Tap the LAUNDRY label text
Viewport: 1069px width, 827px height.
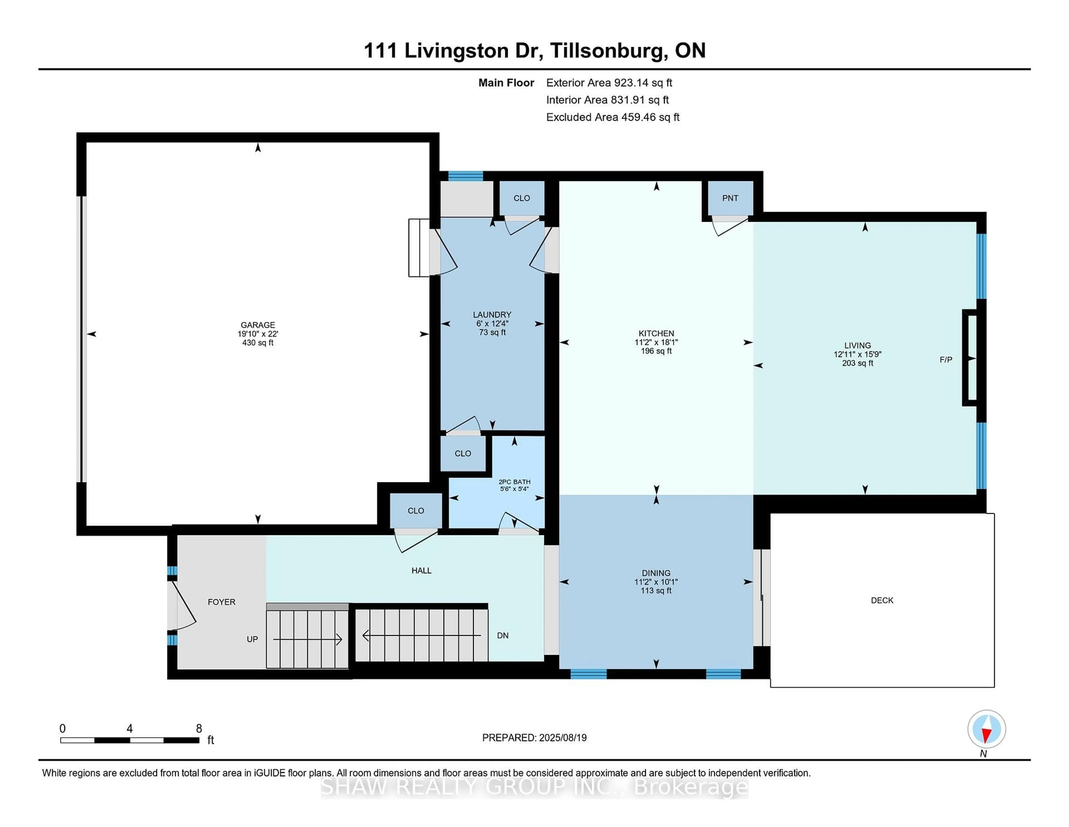click(492, 315)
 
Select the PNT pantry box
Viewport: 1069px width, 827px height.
click(730, 198)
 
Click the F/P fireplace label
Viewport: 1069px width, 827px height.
click(946, 360)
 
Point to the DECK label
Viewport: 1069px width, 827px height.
click(882, 600)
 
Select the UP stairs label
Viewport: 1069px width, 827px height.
click(252, 639)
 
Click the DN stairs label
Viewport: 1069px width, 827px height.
click(503, 636)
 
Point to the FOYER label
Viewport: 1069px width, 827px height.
click(221, 602)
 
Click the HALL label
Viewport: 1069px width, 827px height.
click(421, 570)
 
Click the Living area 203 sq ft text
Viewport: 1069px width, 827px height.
click(857, 363)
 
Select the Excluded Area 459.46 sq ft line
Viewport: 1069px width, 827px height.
click(612, 117)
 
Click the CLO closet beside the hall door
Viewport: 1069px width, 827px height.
click(416, 510)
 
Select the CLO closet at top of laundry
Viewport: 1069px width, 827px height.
click(521, 198)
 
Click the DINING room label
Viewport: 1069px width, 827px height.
click(656, 573)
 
